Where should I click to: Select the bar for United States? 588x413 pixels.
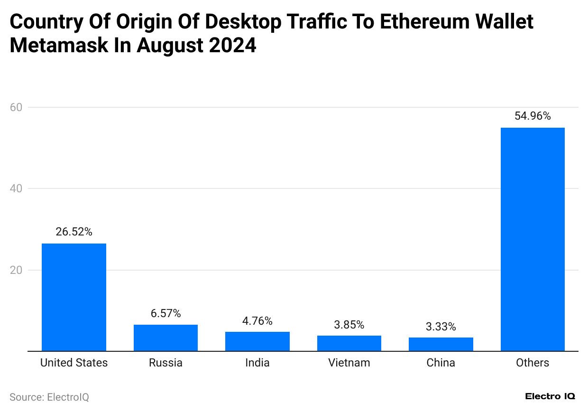click(74, 297)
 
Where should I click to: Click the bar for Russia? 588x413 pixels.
click(165, 338)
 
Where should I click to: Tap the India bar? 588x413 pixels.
click(257, 341)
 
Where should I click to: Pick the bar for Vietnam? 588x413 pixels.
click(349, 343)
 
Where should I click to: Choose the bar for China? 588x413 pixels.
click(441, 344)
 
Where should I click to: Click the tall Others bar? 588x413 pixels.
click(533, 239)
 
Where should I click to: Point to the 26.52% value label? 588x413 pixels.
click(74, 232)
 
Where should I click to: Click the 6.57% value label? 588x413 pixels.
click(165, 313)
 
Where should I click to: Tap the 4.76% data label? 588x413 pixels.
click(257, 321)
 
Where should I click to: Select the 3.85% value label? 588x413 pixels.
click(349, 325)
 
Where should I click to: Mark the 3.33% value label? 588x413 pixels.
click(441, 327)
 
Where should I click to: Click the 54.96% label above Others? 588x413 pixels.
click(533, 116)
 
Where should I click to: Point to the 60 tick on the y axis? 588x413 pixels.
click(16, 107)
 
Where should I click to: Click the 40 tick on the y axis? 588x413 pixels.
click(16, 188)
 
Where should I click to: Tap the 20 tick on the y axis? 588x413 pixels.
click(16, 270)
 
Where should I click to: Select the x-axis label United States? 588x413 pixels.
click(74, 363)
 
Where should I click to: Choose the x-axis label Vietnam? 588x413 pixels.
click(349, 363)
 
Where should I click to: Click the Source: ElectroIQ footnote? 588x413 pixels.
click(49, 397)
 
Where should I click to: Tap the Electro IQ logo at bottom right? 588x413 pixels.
click(550, 396)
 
